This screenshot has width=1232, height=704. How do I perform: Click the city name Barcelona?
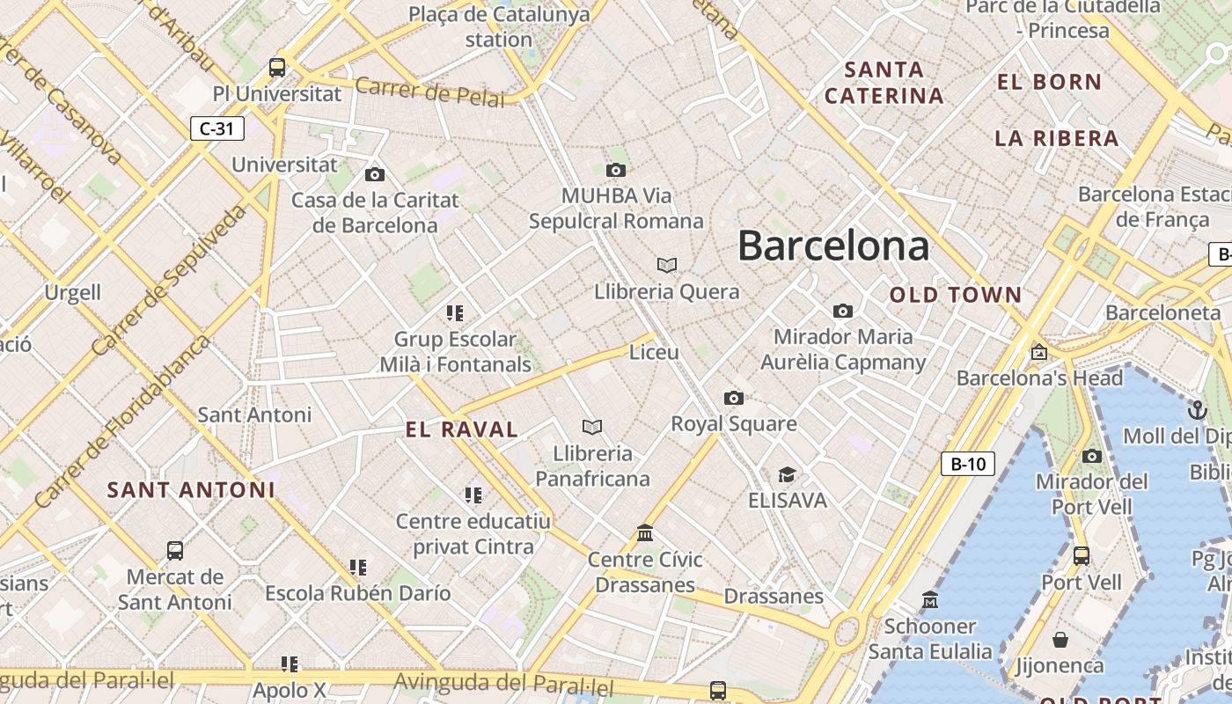tap(832, 246)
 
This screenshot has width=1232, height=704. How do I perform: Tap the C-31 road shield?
tap(216, 128)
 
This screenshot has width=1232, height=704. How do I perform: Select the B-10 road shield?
tap(967, 464)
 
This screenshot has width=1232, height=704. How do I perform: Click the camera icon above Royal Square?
tap(733, 398)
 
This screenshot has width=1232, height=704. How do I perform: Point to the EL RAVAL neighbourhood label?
tap(462, 429)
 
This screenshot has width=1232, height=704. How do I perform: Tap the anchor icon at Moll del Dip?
tap(1197, 410)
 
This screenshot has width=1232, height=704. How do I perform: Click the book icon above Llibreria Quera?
tap(667, 265)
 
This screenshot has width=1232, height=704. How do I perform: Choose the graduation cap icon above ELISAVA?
tap(787, 475)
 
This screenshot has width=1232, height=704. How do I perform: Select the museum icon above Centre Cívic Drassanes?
tap(645, 533)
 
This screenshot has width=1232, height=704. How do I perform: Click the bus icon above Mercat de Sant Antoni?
tap(175, 551)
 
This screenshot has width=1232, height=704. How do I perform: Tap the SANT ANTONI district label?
tap(191, 490)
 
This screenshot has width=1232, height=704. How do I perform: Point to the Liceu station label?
tap(654, 352)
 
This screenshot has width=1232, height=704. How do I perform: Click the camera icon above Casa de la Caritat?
tap(375, 174)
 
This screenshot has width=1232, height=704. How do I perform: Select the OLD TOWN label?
tap(956, 295)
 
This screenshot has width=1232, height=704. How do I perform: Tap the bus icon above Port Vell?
tap(1082, 556)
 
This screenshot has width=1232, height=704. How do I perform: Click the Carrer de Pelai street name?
tap(430, 92)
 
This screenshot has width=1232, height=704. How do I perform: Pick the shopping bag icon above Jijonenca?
tap(1060, 640)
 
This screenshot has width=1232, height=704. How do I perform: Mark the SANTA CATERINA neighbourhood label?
tap(884, 83)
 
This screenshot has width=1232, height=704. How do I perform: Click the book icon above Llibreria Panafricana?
tap(592, 427)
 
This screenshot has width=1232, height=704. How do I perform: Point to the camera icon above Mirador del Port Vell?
tap(1092, 456)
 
